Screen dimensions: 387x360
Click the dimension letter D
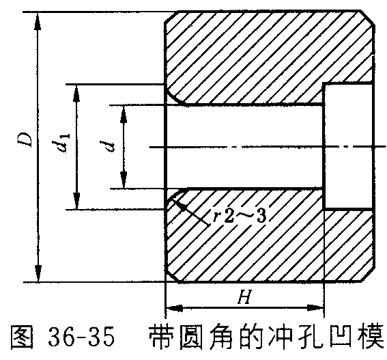pos(26,140)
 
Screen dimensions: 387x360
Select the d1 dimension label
pos(61,143)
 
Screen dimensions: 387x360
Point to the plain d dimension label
pos(108,146)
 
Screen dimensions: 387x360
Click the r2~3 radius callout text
pos(240,216)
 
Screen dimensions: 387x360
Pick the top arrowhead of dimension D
pos(38,21)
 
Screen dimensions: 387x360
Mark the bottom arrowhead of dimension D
pos(38,273)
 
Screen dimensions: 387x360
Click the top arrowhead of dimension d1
pos(76,94)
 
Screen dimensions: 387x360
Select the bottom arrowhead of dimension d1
pos(76,201)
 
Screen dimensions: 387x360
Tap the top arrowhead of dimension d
pos(124,114)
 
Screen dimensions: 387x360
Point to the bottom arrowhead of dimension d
pos(124,180)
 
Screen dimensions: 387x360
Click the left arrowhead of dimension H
pos(175,308)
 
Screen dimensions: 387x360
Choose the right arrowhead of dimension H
pos(315,308)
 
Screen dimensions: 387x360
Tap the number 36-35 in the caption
pos(81,337)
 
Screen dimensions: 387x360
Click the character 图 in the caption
pos(22,337)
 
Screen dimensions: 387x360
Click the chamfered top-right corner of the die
pos(368,18)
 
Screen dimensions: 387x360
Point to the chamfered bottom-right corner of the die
pos(368,275)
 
